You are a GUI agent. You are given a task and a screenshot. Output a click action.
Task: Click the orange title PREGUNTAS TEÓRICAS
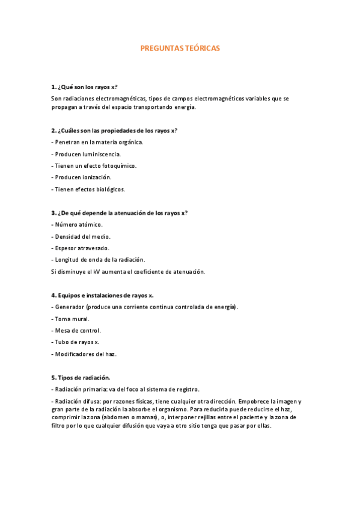pyautogui.click(x=180, y=48)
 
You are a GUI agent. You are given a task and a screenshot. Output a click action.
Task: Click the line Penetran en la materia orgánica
pyautogui.click(x=99, y=142)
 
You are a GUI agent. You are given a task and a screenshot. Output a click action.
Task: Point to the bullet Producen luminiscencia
pyautogui.click(x=88, y=154)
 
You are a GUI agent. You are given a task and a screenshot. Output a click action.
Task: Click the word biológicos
pyautogui.click(x=108, y=189)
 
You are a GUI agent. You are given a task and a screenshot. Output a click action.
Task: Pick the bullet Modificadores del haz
pyautogui.click(x=85, y=354)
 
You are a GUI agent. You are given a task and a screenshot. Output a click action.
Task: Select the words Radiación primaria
pyautogui.click(x=78, y=389)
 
